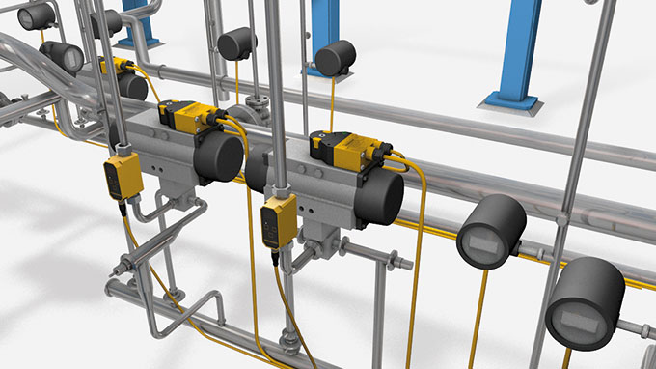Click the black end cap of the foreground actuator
pyautogui.click(x=376, y=198)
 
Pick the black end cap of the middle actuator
pyautogui.click(x=220, y=155)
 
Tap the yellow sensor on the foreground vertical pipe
pyautogui.click(x=278, y=224)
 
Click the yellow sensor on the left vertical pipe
pyautogui.click(x=123, y=175)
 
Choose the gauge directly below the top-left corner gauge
pyautogui.click(x=61, y=55)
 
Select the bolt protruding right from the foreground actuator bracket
pyautogui.click(x=395, y=259)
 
